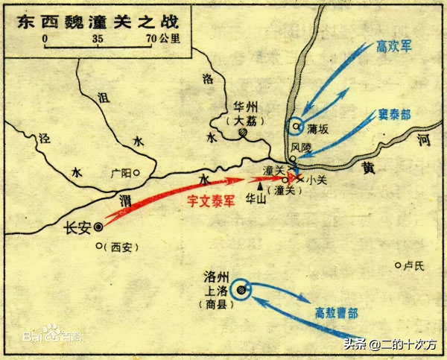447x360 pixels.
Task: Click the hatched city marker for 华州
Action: [242, 133]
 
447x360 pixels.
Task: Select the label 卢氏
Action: [413, 265]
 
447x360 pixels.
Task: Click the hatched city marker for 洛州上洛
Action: [241, 290]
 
